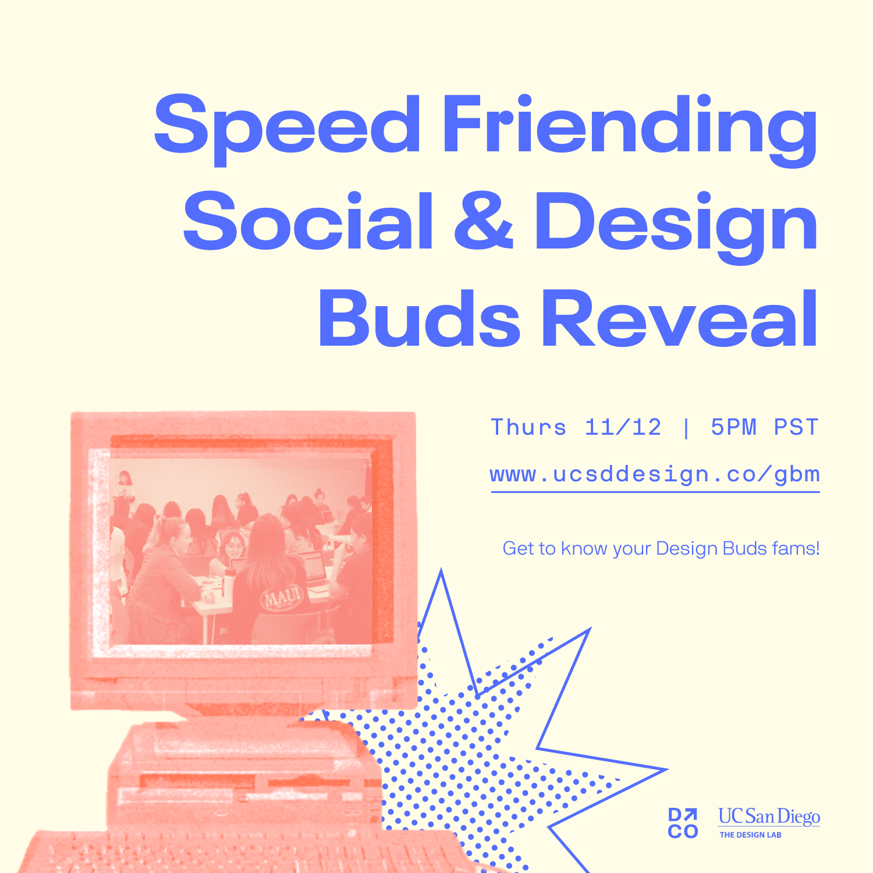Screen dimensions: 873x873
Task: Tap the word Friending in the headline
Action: click(630, 129)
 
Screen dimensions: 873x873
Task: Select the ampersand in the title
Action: click(484, 221)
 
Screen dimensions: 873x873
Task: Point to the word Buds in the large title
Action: click(419, 319)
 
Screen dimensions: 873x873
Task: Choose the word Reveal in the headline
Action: click(680, 318)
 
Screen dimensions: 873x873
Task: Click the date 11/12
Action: click(623, 427)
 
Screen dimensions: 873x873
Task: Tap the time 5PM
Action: click(733, 427)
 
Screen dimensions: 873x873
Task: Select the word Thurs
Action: click(528, 427)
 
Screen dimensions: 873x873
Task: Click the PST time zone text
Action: click(796, 427)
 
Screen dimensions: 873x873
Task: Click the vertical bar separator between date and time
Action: click(686, 428)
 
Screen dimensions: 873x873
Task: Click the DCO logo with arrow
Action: click(683, 823)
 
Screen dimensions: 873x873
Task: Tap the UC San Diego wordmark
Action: click(769, 816)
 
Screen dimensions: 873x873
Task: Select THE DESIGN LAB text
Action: click(750, 835)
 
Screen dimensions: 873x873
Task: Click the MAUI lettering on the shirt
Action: click(283, 596)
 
